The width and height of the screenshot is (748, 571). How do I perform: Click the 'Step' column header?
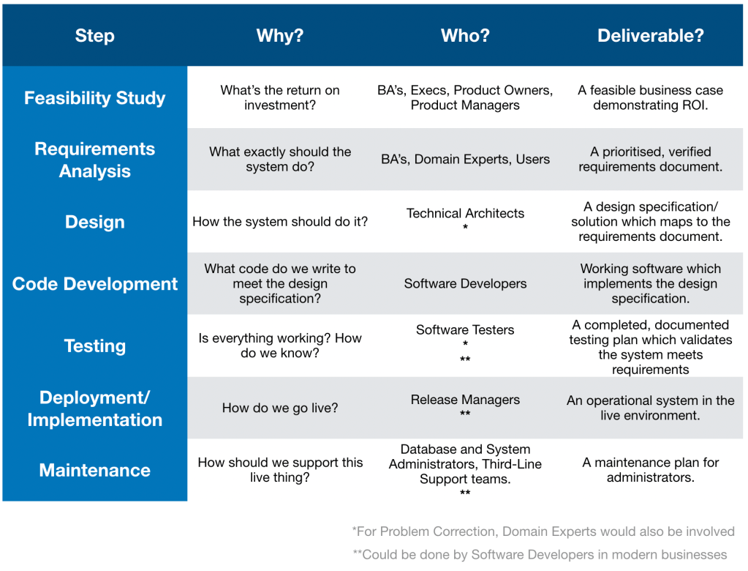tap(94, 36)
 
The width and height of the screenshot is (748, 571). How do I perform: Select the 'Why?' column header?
tap(280, 36)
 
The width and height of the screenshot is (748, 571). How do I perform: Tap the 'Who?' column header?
tap(465, 36)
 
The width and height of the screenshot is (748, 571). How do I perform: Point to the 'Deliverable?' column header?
tap(650, 36)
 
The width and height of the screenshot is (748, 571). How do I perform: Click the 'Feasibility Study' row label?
tap(94, 98)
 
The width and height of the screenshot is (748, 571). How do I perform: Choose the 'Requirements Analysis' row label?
tap(94, 160)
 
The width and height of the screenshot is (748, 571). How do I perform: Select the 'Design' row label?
tap(94, 222)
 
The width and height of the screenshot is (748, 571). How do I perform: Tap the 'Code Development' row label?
tap(94, 284)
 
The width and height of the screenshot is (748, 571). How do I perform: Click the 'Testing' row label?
tap(94, 346)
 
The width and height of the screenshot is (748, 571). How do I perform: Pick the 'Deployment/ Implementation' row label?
tap(94, 408)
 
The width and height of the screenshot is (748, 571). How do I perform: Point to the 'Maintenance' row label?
tap(94, 470)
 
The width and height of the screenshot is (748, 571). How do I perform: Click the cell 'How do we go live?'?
tap(280, 408)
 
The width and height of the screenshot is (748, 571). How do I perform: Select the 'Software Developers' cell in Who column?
tap(465, 283)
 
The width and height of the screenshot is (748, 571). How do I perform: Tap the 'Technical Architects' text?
tap(465, 214)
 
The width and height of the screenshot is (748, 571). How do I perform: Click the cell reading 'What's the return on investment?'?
tap(280, 98)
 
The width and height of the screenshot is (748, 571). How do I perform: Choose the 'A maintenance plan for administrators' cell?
tap(650, 470)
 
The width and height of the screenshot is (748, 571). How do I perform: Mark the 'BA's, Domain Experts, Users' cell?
tap(465, 159)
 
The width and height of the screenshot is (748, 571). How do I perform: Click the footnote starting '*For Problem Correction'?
tap(543, 531)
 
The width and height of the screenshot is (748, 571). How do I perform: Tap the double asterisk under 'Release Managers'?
tap(465, 415)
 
